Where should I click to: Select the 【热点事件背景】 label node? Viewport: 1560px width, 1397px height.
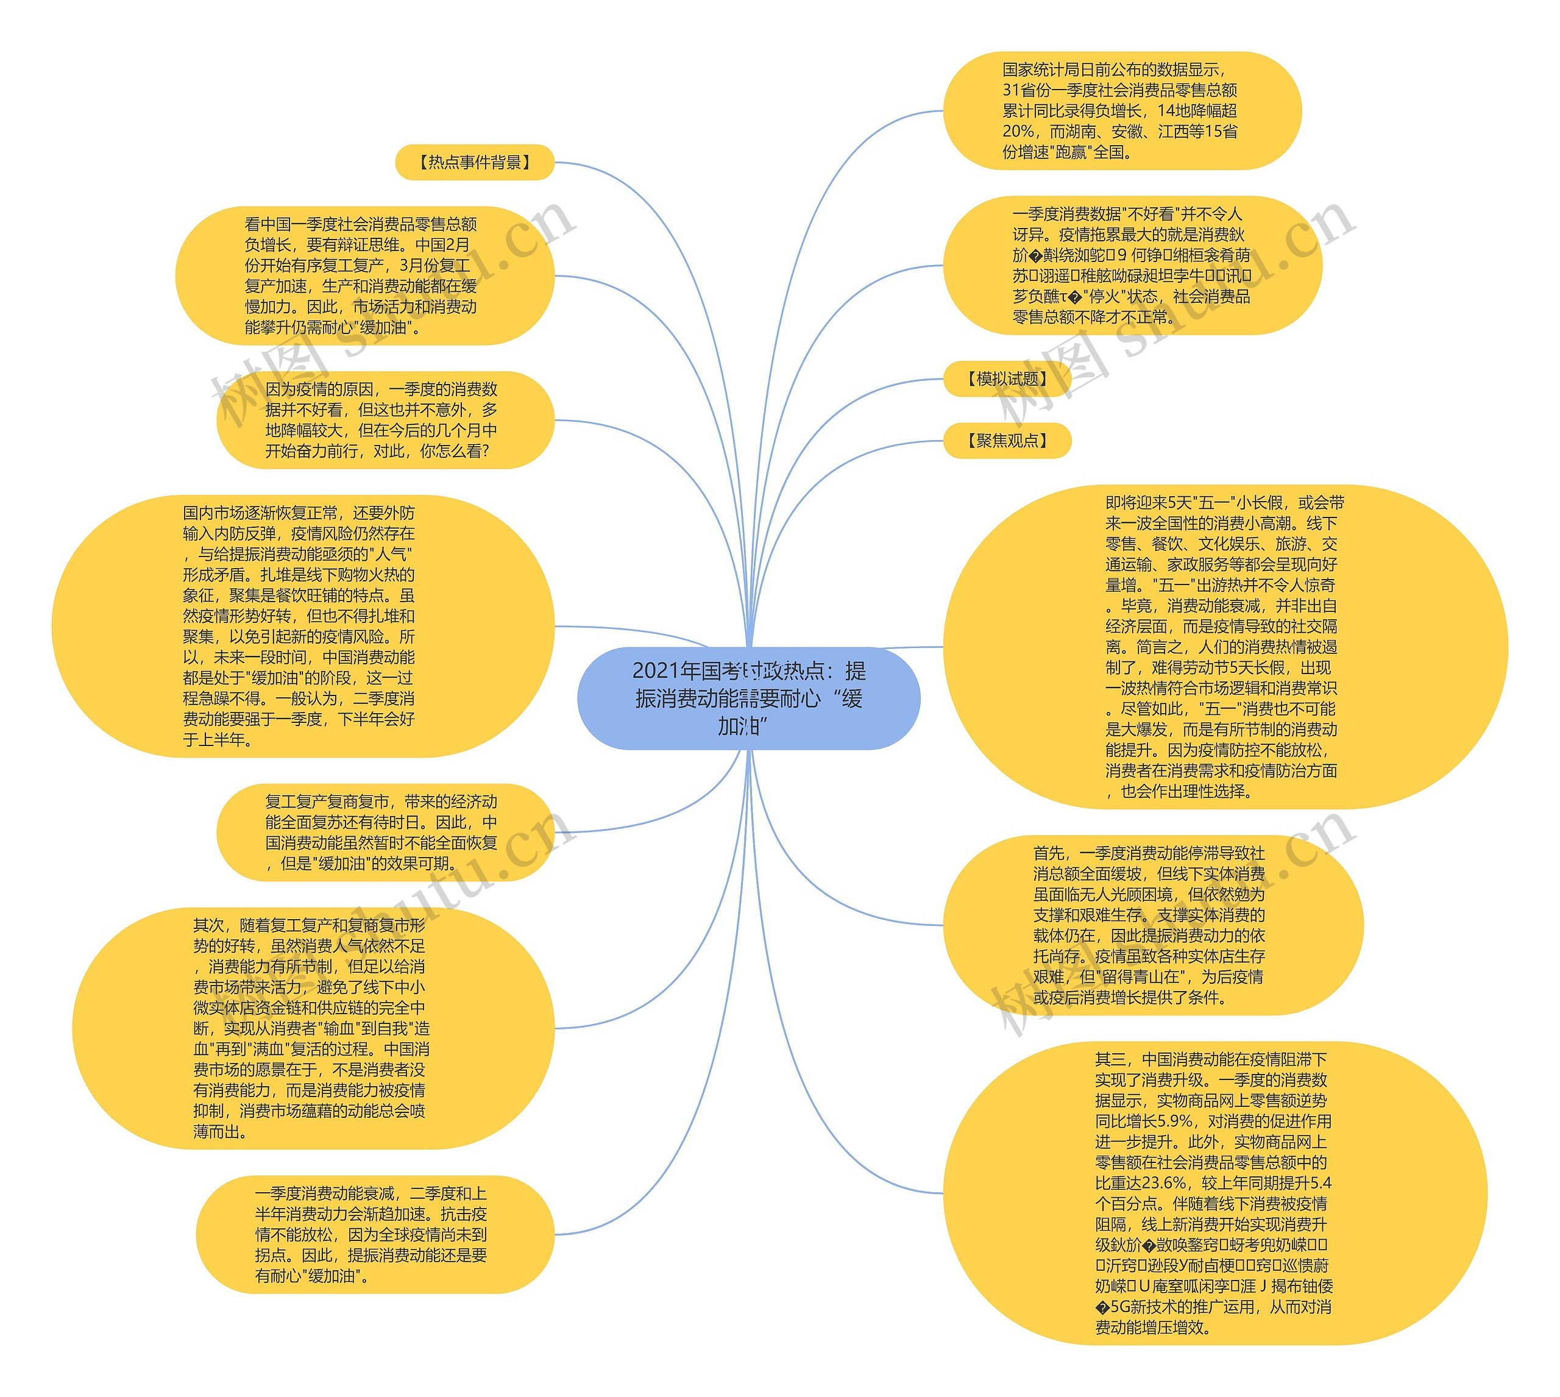tap(474, 163)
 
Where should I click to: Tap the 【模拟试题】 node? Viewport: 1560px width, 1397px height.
tap(1007, 379)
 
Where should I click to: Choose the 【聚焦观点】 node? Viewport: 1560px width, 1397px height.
tap(1007, 441)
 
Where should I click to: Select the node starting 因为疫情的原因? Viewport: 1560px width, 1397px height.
tap(385, 421)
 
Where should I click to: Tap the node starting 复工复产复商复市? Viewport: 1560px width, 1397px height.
tap(385, 833)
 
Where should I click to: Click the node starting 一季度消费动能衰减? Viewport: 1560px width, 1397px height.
tap(375, 1235)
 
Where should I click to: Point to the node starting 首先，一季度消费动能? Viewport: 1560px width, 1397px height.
tap(1152, 926)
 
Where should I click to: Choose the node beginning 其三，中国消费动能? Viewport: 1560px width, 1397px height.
tap(1214, 1193)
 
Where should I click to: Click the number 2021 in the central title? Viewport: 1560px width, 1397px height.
tap(655, 672)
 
